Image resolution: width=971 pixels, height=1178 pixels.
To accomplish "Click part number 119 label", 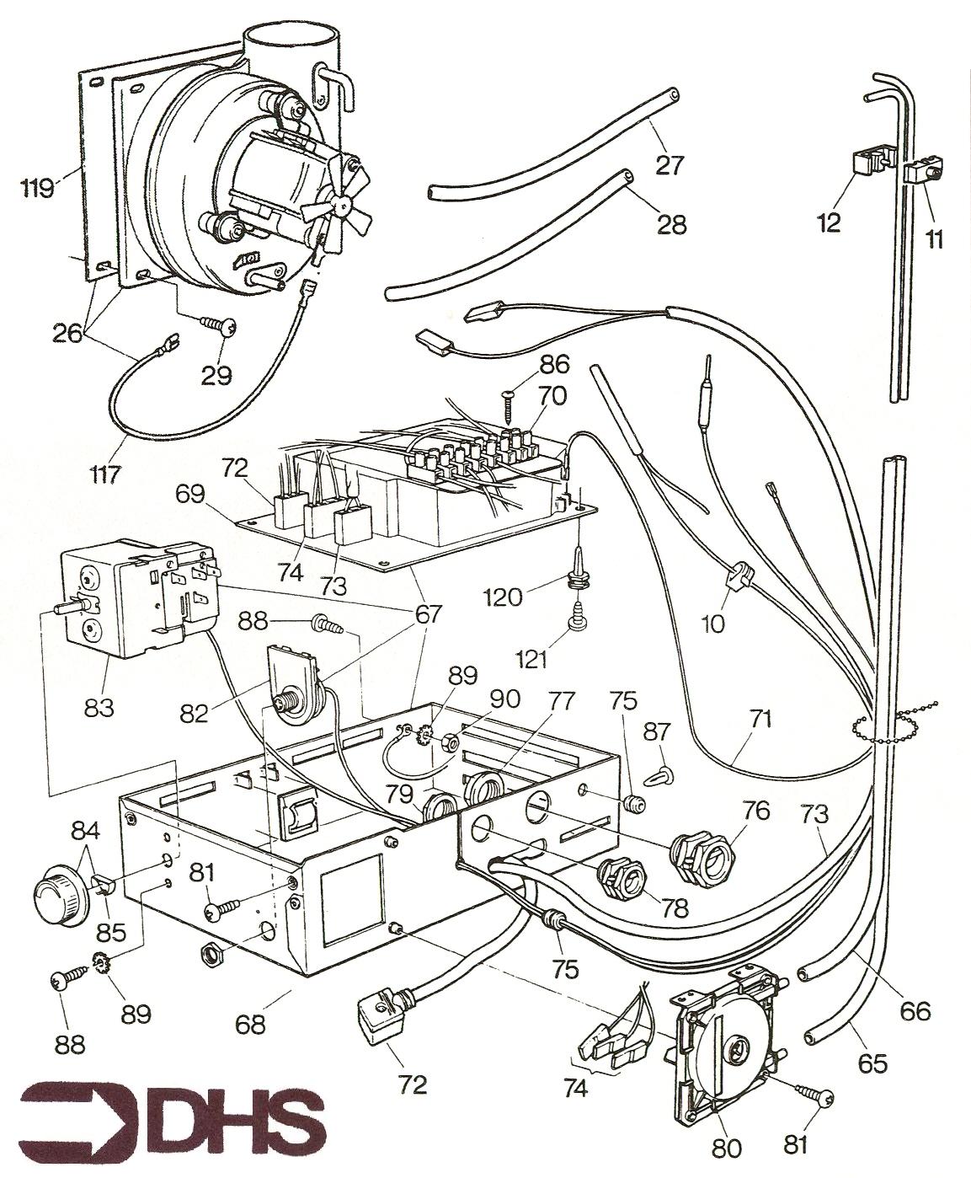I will pos(39,185).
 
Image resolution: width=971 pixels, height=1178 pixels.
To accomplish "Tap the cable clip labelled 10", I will pos(738,581).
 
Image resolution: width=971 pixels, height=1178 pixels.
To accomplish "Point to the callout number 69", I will pos(192,494).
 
